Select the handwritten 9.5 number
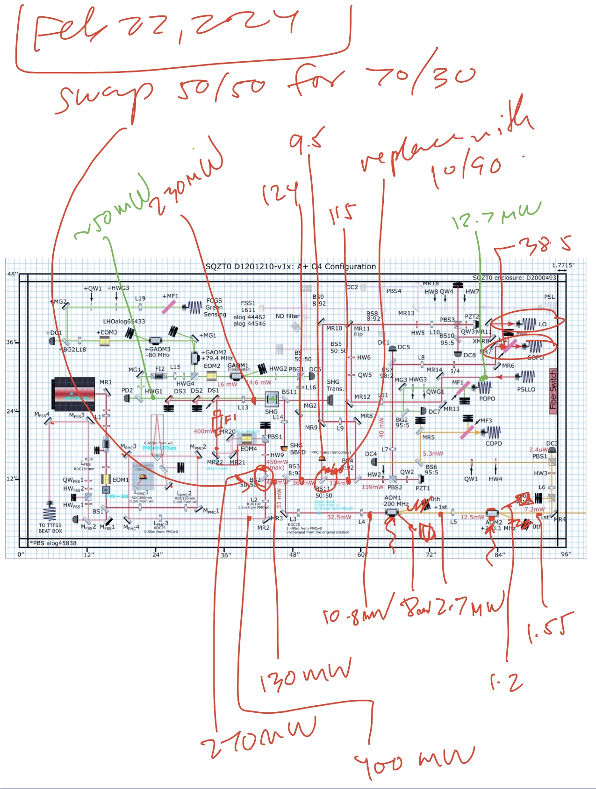[306, 141]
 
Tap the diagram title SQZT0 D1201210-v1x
[290, 266]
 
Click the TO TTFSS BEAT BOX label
[50, 528]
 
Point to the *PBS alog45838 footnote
[53, 543]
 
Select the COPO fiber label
[494, 443]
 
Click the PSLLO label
[526, 389]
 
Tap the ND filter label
[287, 316]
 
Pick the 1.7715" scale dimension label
[563, 265]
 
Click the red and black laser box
[75, 394]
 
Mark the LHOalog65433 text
[124, 322]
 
